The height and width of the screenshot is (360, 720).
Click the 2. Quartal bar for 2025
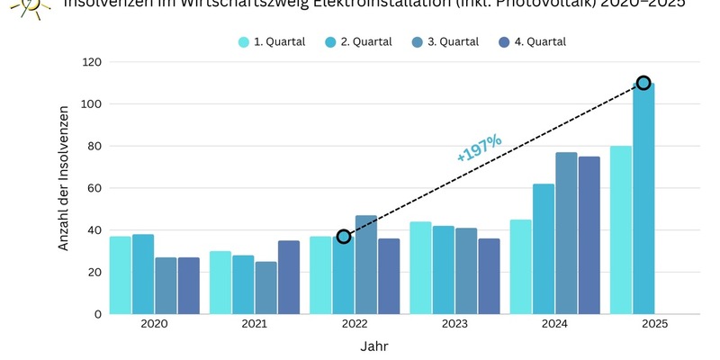coord(643,199)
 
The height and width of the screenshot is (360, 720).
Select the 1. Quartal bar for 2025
coord(621,230)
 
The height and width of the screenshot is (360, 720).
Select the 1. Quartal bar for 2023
coord(421,267)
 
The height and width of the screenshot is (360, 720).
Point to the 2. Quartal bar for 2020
coord(143,274)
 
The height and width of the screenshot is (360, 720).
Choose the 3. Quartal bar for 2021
coord(266,288)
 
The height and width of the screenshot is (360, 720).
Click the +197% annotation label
coord(479,148)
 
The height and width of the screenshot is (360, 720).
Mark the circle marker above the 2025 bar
coord(643,83)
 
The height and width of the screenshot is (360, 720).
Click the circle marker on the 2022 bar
coord(344,237)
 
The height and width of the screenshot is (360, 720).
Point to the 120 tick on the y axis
coord(91,62)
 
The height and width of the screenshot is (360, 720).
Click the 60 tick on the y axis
coord(94,188)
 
